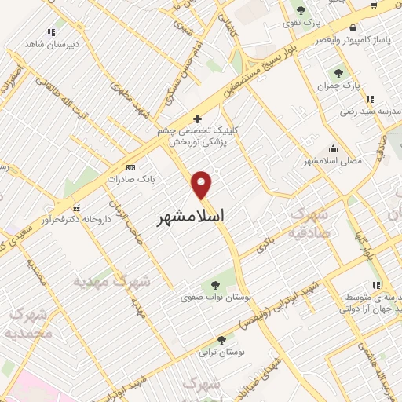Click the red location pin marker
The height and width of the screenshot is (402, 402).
(x=203, y=184)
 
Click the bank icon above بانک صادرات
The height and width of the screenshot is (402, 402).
(x=130, y=167)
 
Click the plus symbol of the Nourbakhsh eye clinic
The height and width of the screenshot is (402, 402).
(x=198, y=119)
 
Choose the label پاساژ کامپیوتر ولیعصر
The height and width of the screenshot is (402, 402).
(x=351, y=39)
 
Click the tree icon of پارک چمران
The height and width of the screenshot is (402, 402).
(x=340, y=73)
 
